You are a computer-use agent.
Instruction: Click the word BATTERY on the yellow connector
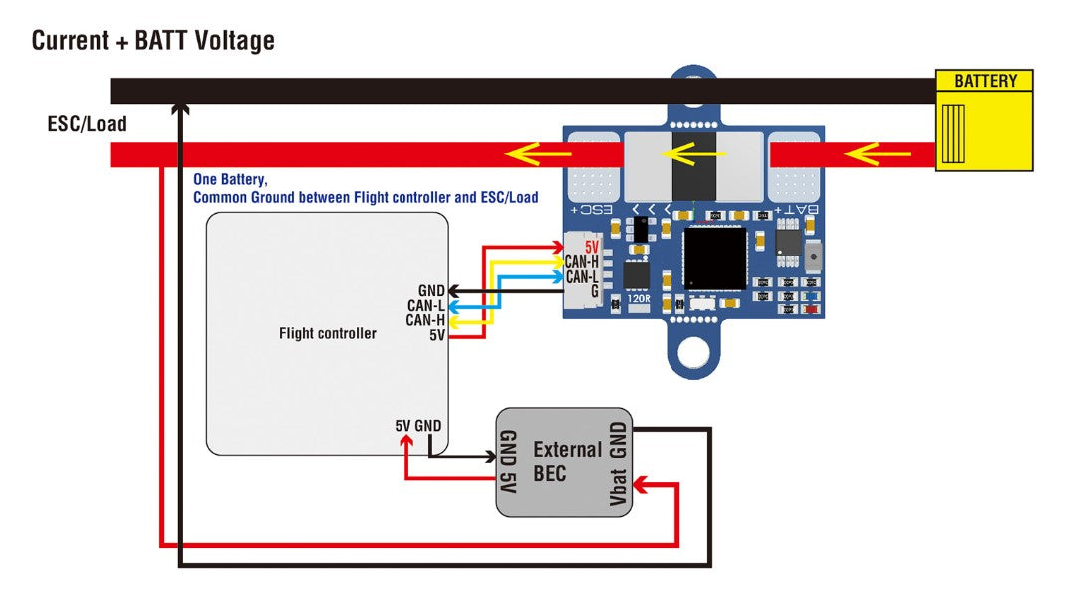(985, 82)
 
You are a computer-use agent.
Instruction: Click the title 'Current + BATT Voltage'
(152, 41)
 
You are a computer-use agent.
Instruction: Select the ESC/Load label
(87, 125)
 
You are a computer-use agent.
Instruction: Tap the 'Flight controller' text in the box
(328, 333)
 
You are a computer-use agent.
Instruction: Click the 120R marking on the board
(639, 298)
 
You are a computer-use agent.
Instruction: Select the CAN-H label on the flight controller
(425, 320)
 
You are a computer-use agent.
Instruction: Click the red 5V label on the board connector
(591, 246)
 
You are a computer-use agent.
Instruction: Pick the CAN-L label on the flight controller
(425, 305)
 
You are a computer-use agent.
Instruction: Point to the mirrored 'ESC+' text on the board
(590, 210)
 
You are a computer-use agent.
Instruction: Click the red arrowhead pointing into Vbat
(643, 486)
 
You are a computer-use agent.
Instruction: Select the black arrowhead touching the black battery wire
(180, 106)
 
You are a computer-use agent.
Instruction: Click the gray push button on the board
(814, 257)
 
